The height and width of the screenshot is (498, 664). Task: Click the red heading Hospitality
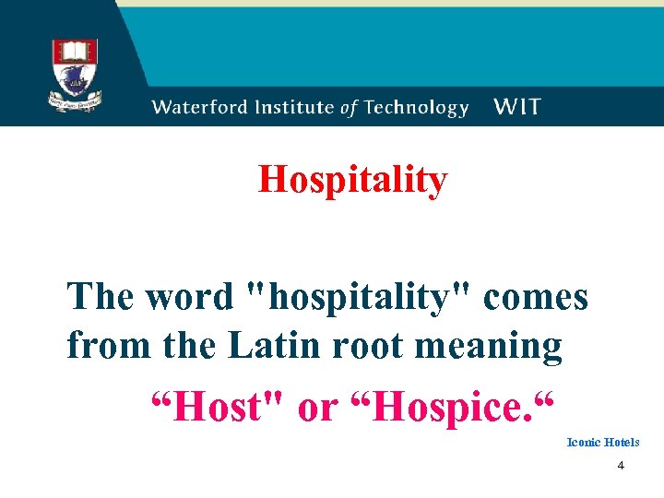pos(352,180)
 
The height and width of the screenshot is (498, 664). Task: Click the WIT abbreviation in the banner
pos(517,107)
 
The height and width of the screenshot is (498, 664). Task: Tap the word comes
pos(535,298)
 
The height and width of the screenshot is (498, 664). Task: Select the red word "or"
pos(317,407)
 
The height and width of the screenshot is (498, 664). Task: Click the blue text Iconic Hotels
pos(602,443)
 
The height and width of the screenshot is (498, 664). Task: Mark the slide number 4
pos(621,467)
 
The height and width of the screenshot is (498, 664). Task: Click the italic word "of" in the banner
pos(348,108)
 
